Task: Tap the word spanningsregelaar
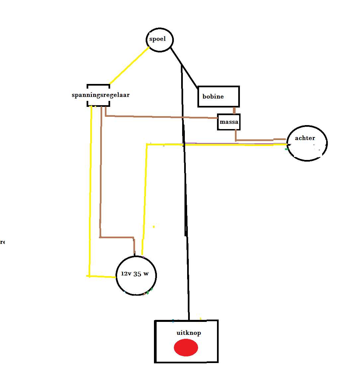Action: point(101,95)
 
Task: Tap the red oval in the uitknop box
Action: point(186,348)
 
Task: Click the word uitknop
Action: point(188,333)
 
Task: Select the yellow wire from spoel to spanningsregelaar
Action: point(129,65)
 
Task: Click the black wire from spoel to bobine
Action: point(184,67)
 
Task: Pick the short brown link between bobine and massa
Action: point(234,111)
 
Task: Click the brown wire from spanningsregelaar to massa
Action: point(159,117)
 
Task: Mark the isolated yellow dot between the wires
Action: point(154,227)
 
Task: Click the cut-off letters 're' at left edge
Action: point(2,242)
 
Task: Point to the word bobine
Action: point(213,97)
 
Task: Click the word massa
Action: point(229,122)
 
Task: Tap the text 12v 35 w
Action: point(135,274)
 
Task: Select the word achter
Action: point(305,138)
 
